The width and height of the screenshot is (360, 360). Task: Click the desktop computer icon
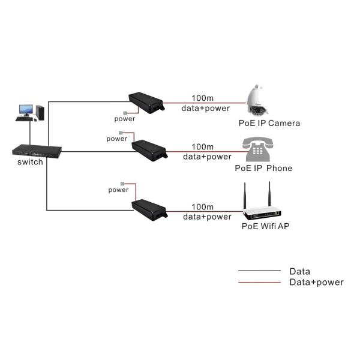(x=31, y=113)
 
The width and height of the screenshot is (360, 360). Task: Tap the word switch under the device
(x=30, y=163)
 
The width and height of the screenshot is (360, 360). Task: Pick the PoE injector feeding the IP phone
(x=151, y=149)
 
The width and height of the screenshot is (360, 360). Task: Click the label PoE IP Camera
(x=268, y=124)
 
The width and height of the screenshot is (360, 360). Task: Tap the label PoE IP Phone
(x=263, y=169)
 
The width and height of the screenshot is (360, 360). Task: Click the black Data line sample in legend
(x=259, y=271)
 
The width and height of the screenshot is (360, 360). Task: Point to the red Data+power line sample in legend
(x=259, y=282)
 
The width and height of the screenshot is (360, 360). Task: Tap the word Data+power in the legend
(x=316, y=282)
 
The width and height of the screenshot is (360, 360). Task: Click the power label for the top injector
(x=125, y=119)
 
